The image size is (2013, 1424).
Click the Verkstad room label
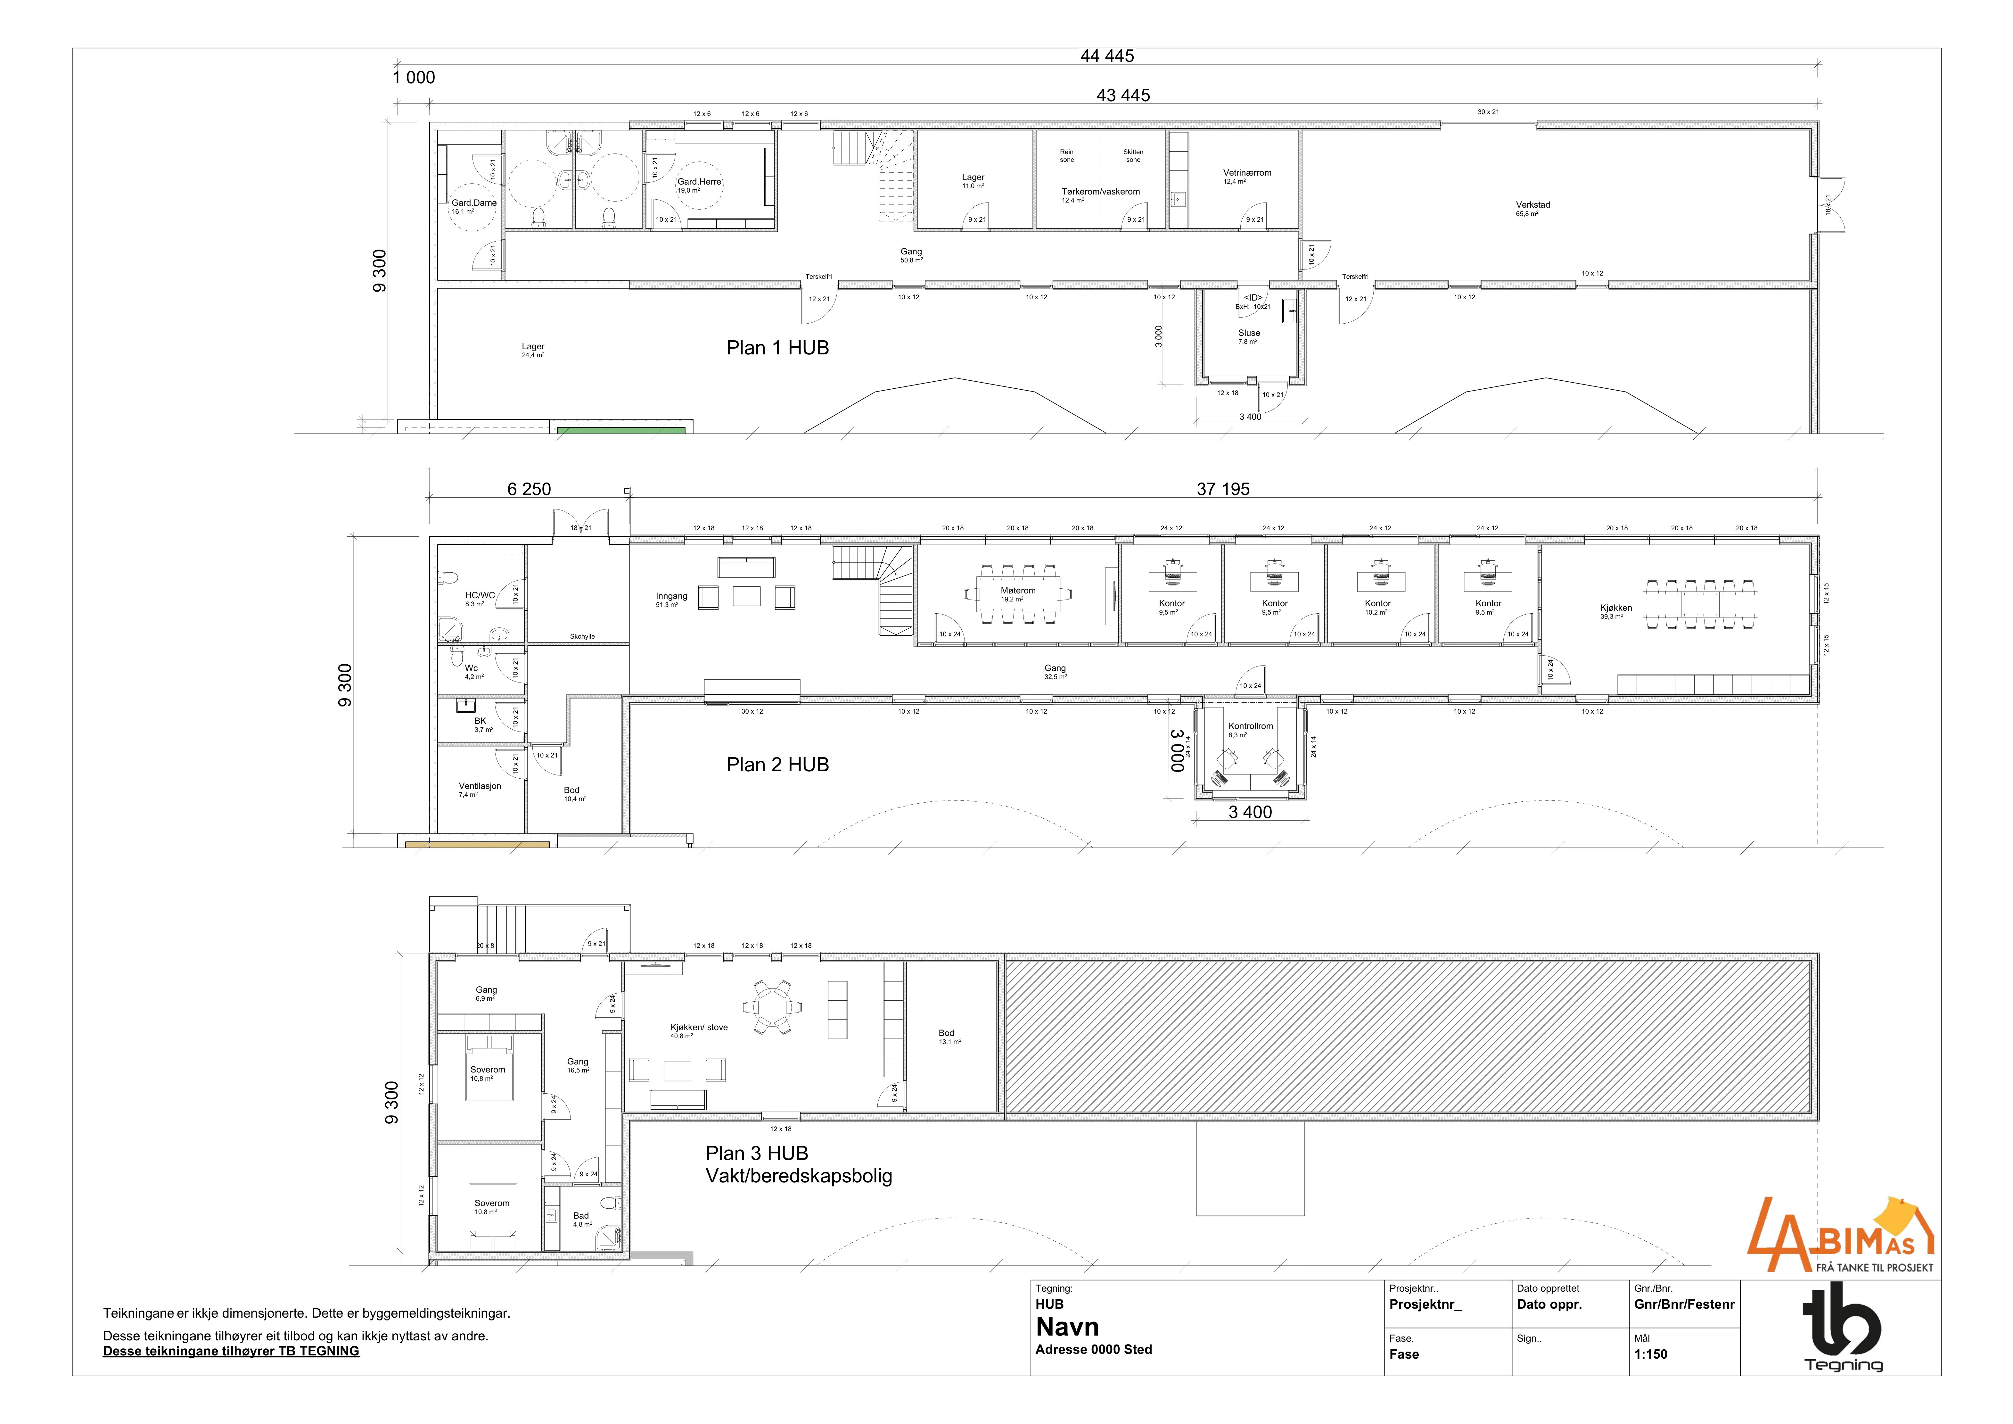point(1532,205)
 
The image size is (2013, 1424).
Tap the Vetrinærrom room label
point(1247,173)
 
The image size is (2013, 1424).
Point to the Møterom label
point(1018,591)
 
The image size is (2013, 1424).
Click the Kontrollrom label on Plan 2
point(1250,726)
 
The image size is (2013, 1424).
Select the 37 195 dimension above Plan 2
point(1223,489)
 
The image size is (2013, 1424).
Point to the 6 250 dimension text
point(529,489)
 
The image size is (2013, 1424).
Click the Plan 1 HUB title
point(778,348)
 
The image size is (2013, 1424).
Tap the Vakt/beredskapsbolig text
point(799,1176)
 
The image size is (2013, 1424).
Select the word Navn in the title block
point(1067,1327)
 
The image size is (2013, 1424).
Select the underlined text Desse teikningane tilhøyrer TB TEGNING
point(232,1351)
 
